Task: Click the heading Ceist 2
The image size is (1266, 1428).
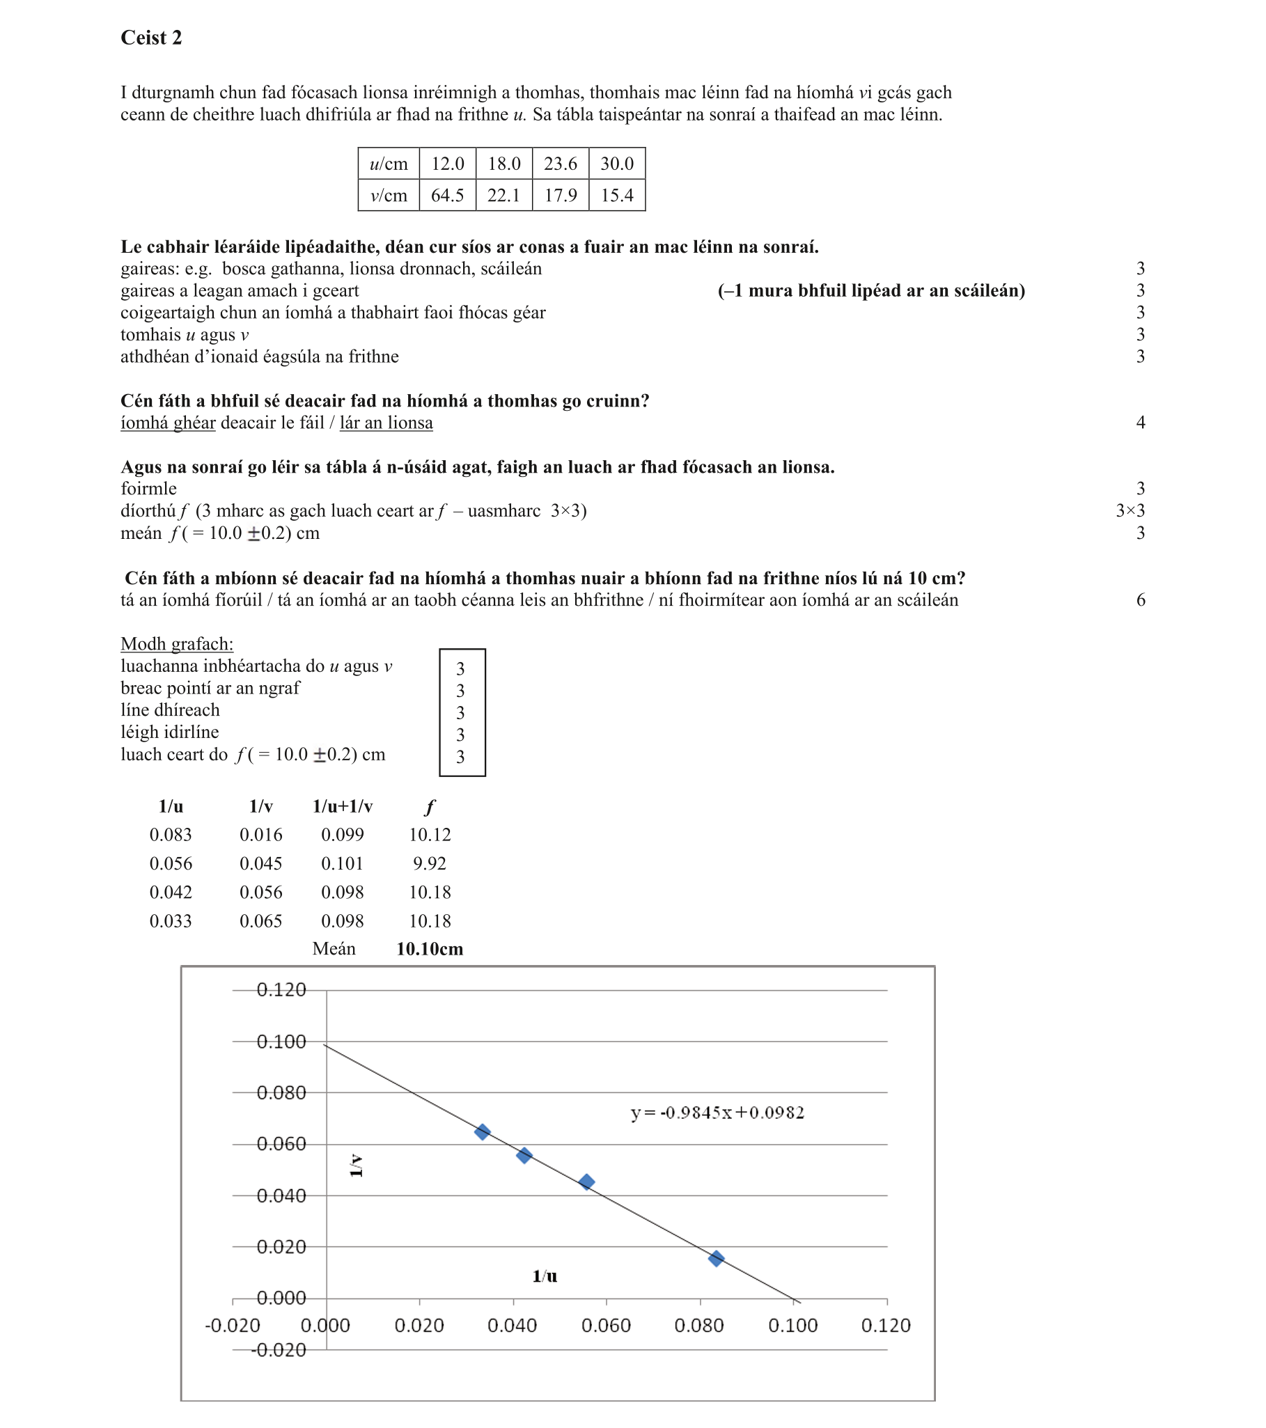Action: coord(151,38)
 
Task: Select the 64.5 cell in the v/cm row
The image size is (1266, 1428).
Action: coord(447,196)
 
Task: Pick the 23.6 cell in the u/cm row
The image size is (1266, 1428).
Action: coord(561,164)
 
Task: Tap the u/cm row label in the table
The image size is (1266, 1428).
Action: coord(389,164)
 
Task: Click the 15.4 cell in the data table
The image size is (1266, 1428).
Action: coord(617,196)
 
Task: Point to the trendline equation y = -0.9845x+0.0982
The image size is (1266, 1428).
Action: coord(717,1112)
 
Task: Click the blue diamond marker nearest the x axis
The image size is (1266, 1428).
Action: coord(716,1259)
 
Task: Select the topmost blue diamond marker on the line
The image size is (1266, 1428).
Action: coord(482,1132)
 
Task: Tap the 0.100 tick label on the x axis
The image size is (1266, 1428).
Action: coord(792,1325)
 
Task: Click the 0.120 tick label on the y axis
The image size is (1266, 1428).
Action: coord(281,990)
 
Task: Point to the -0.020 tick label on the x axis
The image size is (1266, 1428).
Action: coord(232,1325)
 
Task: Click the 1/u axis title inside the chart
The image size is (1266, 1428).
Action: coord(545,1276)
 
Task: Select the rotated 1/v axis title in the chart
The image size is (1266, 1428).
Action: coord(357,1166)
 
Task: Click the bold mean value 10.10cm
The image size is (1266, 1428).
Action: coord(429,949)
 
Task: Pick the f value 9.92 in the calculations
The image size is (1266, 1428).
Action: coord(429,863)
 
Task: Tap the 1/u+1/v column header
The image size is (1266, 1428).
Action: coord(343,807)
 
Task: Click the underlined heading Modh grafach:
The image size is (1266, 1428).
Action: coord(177,643)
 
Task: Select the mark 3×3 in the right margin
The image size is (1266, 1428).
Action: coord(1129,511)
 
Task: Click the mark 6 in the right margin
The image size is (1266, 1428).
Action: coord(1140,600)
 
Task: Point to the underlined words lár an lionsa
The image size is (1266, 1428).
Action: coord(386,423)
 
